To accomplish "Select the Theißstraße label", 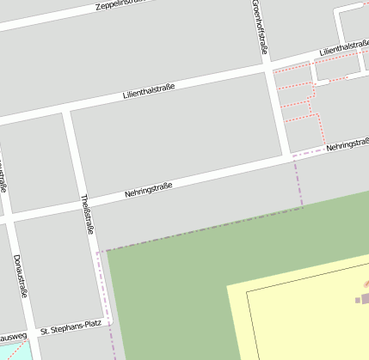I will [87, 214].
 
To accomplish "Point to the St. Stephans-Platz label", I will [71, 328].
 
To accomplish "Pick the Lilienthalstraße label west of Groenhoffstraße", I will [148, 88].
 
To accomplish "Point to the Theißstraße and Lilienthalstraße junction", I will [66, 108].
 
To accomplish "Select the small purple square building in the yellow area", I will [358, 300].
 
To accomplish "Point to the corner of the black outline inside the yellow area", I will [247, 291].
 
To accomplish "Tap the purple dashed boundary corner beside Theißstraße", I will [99, 252].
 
